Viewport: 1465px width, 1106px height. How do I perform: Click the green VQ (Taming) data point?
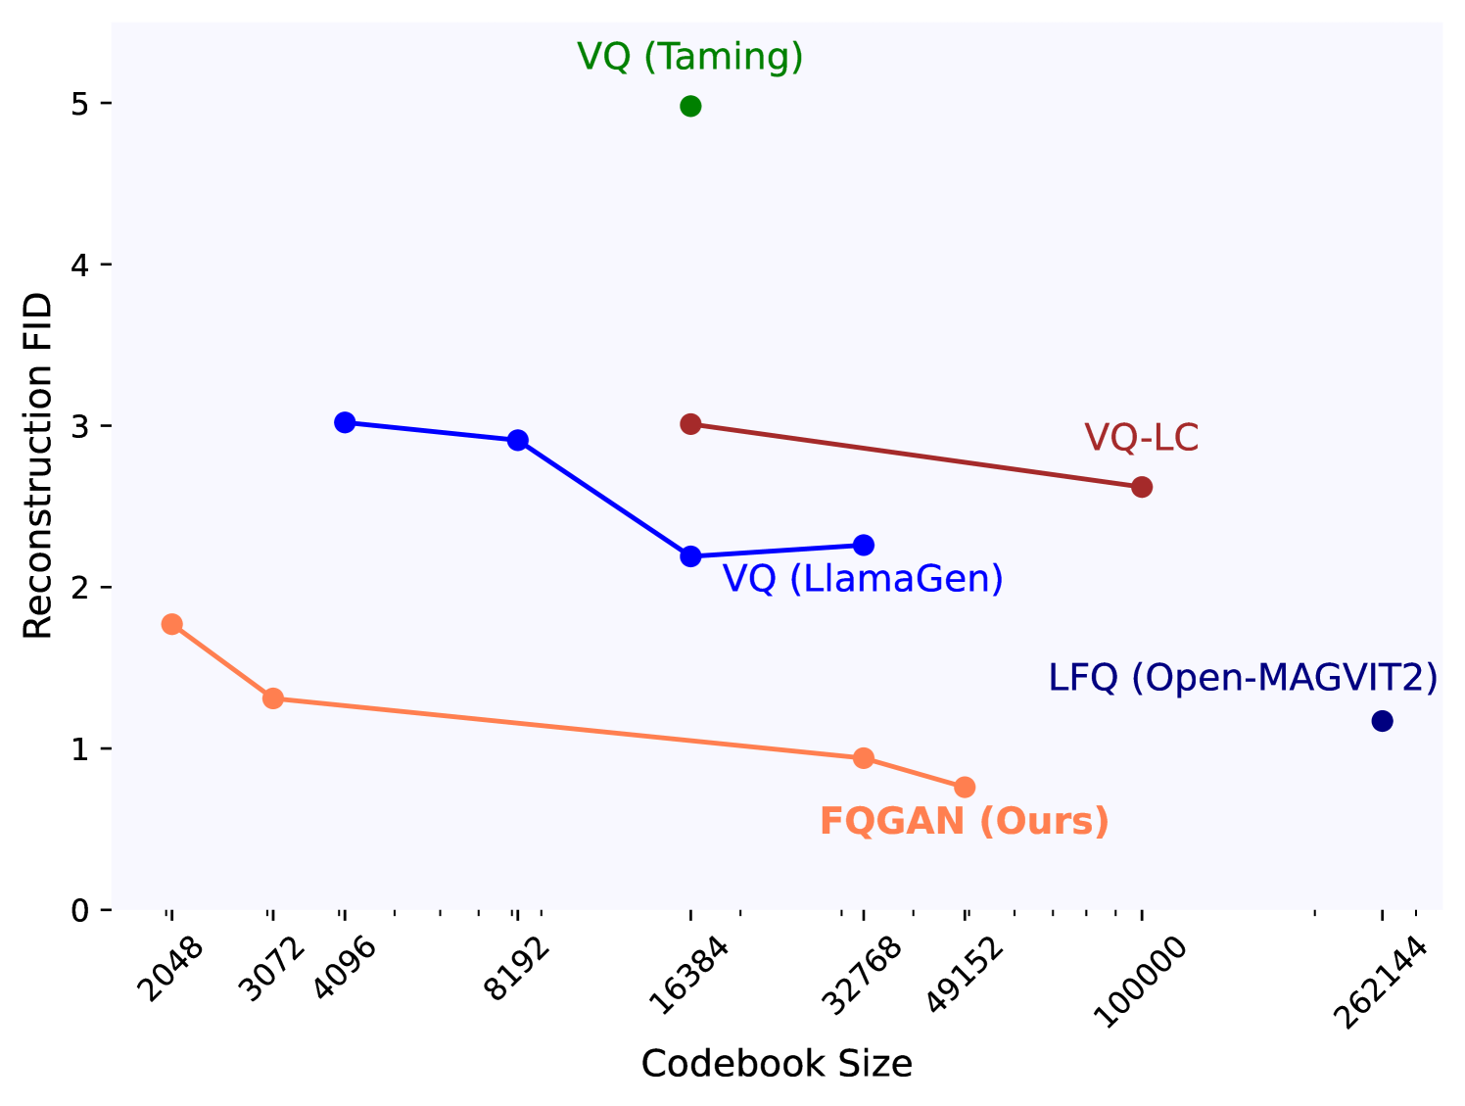pos(690,106)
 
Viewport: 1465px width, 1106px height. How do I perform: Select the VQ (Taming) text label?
pos(690,57)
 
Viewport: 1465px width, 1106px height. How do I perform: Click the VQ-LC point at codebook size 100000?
pos(1142,487)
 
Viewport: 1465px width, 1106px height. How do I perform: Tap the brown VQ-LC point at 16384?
pos(690,423)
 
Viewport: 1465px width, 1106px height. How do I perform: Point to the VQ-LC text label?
pos(1142,438)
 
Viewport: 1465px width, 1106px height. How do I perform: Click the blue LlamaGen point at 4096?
pos(345,422)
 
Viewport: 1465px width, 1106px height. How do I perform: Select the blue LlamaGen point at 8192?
pos(518,440)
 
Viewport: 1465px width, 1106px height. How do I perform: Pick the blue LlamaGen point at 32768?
pos(864,545)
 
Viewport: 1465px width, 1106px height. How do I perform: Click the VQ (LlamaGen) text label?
pos(863,579)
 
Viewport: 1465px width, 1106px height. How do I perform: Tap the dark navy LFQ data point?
pos(1383,721)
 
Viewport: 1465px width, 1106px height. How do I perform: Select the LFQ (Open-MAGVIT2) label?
pos(1243,678)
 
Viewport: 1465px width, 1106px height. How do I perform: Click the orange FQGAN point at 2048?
pos(172,624)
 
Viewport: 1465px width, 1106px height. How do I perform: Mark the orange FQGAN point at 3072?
pos(273,698)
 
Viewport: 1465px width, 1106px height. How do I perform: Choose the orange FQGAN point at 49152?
pos(965,787)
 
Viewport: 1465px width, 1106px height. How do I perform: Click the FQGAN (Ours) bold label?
pos(964,821)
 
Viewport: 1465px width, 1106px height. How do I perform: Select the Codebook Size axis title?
pos(777,1064)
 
